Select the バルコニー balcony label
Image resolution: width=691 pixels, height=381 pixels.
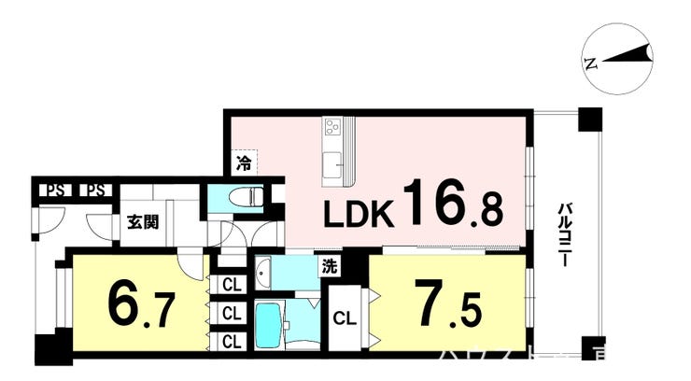pyautogui.click(x=565, y=235)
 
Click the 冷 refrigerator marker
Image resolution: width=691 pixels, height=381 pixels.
pyautogui.click(x=244, y=164)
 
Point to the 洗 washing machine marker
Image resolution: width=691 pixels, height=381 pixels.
pyautogui.click(x=331, y=265)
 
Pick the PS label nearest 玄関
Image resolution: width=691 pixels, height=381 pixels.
pyautogui.click(x=94, y=191)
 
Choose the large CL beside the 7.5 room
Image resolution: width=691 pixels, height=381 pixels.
pyautogui.click(x=345, y=316)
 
